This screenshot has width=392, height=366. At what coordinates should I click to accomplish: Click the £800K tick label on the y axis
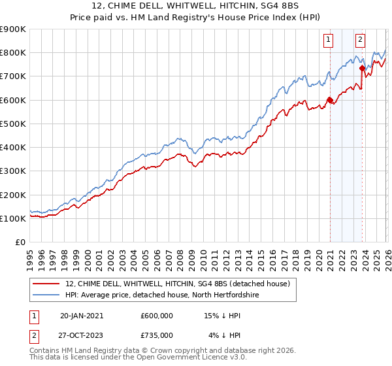[x=13, y=52]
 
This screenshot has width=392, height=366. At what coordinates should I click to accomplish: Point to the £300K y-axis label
[x=13, y=171]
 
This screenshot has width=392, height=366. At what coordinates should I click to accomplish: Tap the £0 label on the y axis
[x=20, y=242]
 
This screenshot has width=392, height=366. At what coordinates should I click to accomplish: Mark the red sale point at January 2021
[x=330, y=100]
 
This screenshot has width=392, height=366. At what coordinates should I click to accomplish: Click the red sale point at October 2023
[x=362, y=67]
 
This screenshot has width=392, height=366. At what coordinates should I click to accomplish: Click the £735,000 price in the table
[x=157, y=335]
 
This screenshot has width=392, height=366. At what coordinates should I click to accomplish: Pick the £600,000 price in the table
[x=157, y=315]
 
